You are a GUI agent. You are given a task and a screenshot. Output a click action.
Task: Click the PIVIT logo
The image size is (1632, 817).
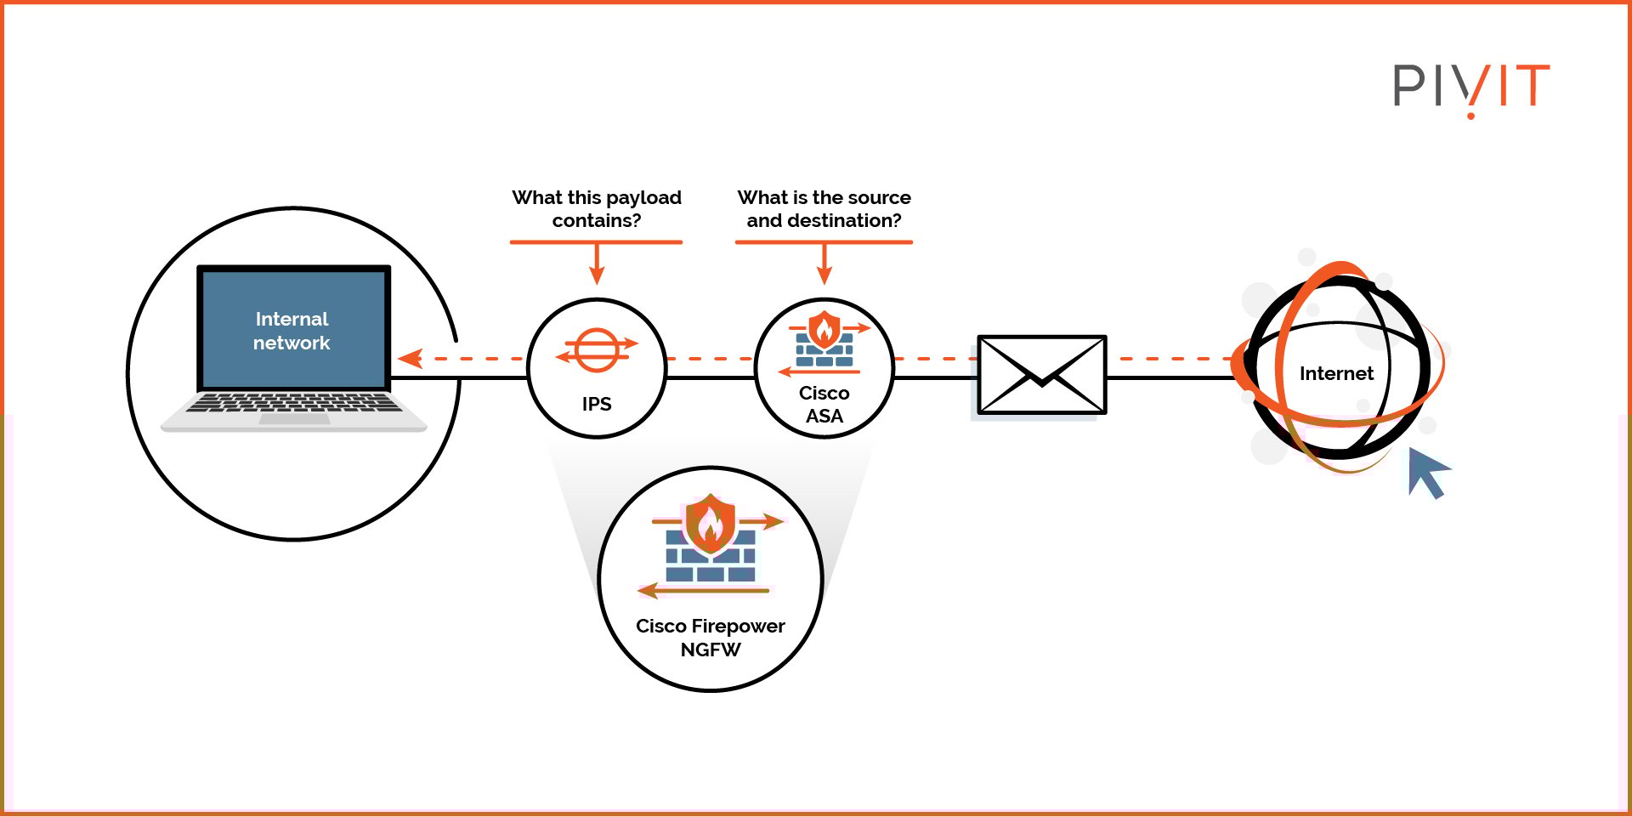pos(1470,87)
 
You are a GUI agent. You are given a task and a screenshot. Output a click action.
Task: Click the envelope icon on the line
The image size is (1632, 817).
pos(1041,375)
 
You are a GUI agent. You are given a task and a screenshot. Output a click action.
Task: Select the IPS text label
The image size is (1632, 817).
pos(597,404)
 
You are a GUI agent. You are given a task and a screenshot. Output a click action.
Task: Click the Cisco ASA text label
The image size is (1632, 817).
pos(824,405)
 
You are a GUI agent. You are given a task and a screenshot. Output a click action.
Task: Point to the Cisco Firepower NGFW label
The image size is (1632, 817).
pos(711,638)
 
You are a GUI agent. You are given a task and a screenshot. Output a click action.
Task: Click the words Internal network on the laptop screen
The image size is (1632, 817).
pos(292,331)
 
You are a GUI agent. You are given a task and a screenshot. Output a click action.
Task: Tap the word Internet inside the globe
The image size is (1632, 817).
pos(1335,373)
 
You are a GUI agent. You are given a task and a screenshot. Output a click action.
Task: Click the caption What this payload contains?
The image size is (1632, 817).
pos(597,209)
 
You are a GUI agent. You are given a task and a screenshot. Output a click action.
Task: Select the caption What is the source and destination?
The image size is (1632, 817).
pos(824,209)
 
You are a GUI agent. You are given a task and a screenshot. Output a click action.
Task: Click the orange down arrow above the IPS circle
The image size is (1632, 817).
pos(597,266)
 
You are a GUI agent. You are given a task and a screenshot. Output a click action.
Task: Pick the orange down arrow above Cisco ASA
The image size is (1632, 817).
pos(824,266)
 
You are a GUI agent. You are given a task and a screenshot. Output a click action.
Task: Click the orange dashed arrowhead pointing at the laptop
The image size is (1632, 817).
pos(411,359)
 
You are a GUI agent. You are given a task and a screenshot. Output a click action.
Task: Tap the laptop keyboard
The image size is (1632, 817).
pos(293,402)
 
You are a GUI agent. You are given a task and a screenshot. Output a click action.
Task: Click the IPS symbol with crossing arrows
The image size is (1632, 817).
pos(597,350)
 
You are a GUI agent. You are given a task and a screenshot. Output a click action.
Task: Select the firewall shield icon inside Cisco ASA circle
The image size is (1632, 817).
pos(824,330)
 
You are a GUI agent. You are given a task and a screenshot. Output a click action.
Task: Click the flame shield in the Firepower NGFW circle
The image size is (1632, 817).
pos(710,525)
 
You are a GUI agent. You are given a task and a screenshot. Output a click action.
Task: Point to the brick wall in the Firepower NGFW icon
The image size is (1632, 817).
pos(710,561)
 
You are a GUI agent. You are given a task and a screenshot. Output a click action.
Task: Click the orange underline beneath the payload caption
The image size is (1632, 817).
pos(596,242)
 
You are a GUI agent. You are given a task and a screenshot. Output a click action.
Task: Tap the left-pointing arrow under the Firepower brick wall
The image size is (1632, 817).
pos(659,590)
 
